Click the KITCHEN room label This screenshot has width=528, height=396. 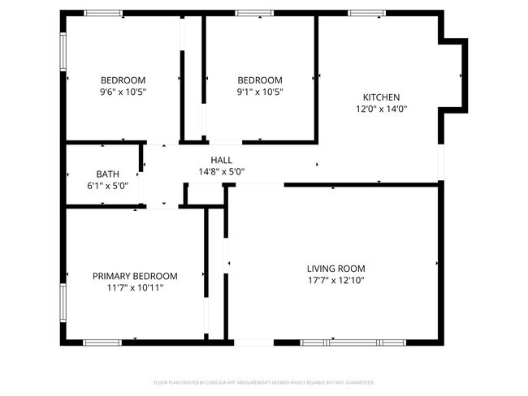381,97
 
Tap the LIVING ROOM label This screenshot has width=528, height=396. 335,269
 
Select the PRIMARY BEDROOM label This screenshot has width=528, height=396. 135,276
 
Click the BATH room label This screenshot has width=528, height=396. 107,174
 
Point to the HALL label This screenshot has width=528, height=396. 222,160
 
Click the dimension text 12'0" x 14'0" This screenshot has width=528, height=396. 381,109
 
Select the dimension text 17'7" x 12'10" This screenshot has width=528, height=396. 335,281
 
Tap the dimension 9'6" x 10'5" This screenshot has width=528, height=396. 123,92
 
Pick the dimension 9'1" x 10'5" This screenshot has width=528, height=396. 260,92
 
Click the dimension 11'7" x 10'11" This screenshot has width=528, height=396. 135,287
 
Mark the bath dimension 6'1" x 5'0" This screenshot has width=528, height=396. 107,186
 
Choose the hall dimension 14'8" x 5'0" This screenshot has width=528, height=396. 222,171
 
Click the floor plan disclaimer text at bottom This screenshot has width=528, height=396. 263,381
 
